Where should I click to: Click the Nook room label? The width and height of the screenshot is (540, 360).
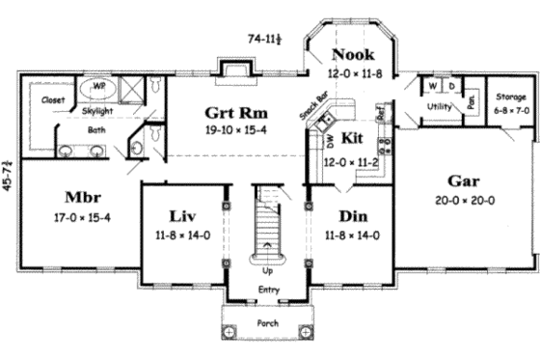click(355, 55)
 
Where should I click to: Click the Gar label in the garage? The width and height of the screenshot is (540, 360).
click(465, 181)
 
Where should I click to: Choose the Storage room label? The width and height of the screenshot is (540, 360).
click(508, 97)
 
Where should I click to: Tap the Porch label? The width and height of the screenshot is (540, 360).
click(267, 322)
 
